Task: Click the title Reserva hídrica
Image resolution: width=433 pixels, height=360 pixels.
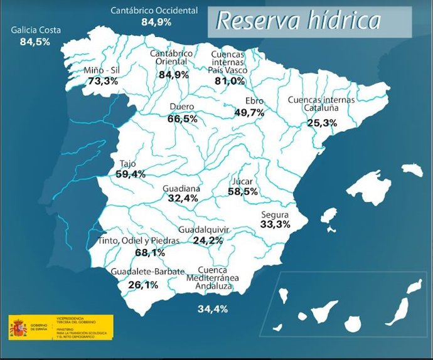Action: (299, 21)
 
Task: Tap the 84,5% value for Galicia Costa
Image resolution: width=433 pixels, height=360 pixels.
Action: (35, 42)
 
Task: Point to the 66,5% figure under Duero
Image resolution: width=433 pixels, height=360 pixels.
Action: (183, 119)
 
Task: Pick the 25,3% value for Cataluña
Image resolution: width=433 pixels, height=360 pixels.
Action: (323, 123)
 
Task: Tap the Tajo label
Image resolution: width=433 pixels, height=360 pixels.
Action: (127, 164)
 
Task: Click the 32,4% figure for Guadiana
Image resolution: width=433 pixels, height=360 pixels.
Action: (183, 198)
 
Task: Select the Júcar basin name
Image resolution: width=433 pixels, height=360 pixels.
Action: (242, 181)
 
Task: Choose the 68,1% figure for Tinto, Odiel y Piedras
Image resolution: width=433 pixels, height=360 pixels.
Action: (150, 253)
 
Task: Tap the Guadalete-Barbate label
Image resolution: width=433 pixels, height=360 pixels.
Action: (147, 272)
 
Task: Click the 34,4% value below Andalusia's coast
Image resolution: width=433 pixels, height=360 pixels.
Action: (213, 309)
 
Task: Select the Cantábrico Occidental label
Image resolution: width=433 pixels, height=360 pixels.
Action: (154, 11)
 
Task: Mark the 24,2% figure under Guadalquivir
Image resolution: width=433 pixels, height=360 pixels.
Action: (208, 240)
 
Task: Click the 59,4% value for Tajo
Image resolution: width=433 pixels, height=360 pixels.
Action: (131, 174)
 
